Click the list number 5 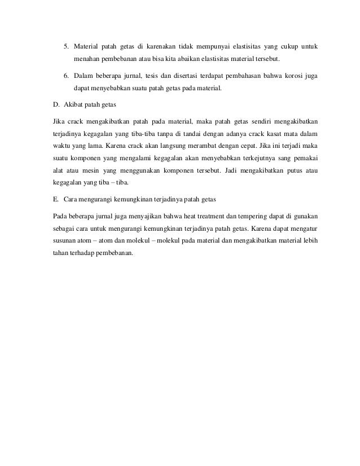pos(64,46)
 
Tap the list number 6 pos(64,76)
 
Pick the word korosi pos(293,76)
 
